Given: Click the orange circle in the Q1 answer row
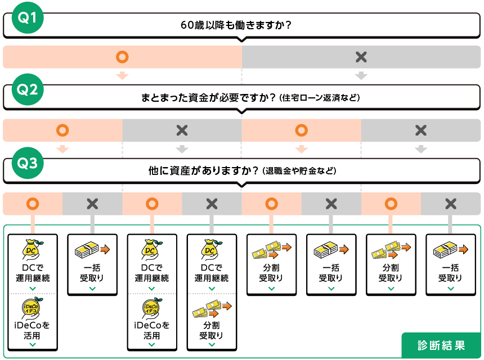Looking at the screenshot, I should tap(122, 57).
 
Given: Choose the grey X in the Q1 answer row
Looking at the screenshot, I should tap(361, 57).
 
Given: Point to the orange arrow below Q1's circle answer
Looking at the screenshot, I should tap(122, 76).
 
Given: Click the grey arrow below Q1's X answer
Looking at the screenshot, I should tap(361, 76).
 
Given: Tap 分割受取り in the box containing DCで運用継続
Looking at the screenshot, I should tap(212, 330).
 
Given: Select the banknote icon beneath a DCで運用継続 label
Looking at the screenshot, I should tap(212, 308).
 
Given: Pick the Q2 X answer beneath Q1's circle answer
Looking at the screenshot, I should tap(182, 130).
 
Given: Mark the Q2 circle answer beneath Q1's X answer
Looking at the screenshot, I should tap(302, 130).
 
